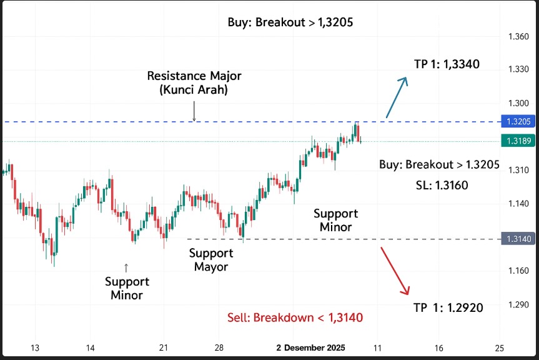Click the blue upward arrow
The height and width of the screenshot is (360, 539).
(397, 97)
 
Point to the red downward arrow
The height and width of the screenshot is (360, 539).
(395, 270)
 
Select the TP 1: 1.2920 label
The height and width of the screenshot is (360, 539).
(448, 307)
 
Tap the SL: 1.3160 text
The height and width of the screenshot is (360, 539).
(442, 185)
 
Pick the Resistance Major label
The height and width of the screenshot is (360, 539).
(194, 76)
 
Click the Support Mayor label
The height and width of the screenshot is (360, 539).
(211, 260)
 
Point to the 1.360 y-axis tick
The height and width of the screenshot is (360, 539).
(518, 37)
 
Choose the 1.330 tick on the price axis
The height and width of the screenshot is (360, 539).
(518, 69)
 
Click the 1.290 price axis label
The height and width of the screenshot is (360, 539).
(518, 305)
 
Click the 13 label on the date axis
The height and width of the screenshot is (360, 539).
(35, 348)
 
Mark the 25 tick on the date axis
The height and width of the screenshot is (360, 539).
(498, 348)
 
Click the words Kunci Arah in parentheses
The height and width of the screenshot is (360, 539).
(194, 89)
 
